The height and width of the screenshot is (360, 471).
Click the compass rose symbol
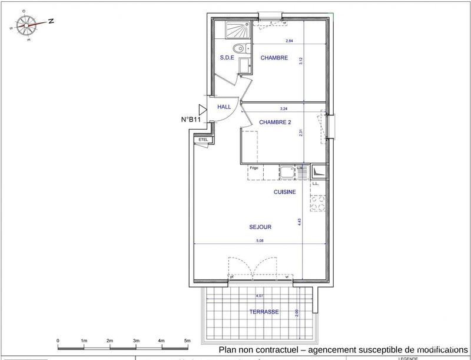pos(26,24)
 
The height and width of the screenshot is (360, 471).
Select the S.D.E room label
pos(227,58)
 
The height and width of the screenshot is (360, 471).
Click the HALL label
pos(224,107)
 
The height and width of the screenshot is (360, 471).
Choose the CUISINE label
pos(284,192)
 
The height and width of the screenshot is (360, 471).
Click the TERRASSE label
pos(263,312)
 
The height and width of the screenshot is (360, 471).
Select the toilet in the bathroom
pos(239,48)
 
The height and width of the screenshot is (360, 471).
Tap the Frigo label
pos(254,168)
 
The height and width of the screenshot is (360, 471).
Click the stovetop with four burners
pos(318,203)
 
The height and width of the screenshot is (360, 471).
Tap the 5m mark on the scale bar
pos(187,341)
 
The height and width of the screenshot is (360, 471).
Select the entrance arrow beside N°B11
pos(203,109)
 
